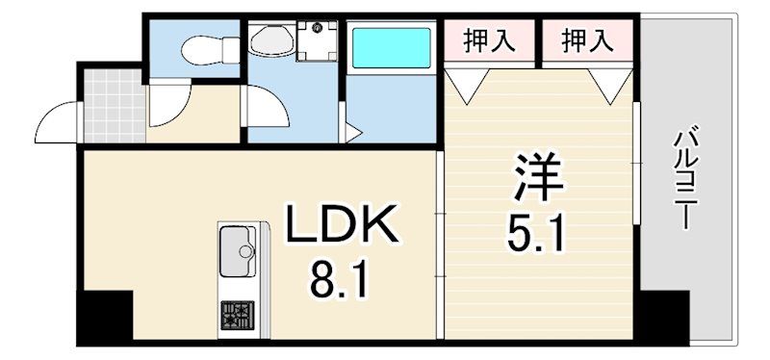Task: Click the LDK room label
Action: [x=342, y=223]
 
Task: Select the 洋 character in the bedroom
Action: [x=538, y=176]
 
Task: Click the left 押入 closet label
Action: [x=489, y=40]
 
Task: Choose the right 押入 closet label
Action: [x=587, y=40]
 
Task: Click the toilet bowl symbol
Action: [x=210, y=50]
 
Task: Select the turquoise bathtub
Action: [x=392, y=47]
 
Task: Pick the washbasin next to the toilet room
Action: [x=271, y=39]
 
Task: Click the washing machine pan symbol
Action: [x=318, y=40]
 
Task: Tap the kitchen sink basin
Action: [x=238, y=251]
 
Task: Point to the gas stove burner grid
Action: [x=237, y=316]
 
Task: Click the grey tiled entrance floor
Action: [x=115, y=106]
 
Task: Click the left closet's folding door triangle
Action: [x=467, y=86]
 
